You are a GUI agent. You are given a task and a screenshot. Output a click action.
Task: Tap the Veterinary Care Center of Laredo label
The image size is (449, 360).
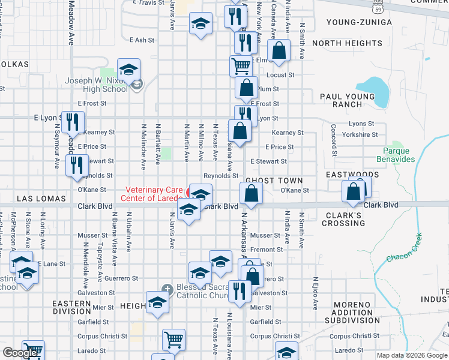[x=153, y=193]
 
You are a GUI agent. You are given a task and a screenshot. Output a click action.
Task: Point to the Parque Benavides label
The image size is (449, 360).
[x=396, y=155]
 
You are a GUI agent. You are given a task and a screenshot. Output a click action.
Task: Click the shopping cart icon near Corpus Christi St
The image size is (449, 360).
[x=173, y=340]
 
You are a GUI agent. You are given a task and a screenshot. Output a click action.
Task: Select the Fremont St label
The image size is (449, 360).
[x=267, y=250]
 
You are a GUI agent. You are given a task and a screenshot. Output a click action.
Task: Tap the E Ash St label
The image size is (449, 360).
[x=142, y=40]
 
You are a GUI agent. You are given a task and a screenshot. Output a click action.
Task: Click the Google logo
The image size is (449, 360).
[x=20, y=353]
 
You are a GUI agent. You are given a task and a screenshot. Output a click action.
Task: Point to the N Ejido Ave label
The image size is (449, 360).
[x=315, y=293]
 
